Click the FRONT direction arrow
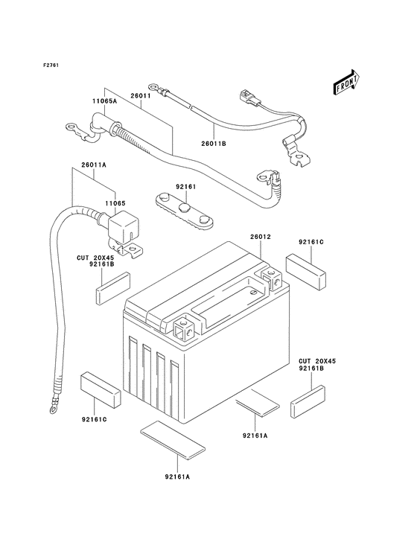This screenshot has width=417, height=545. [346, 83]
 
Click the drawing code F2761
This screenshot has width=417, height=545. [51, 65]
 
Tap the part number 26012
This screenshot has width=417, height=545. [261, 237]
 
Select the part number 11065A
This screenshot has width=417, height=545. [104, 101]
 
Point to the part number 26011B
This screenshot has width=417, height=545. [214, 143]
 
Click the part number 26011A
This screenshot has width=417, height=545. [94, 165]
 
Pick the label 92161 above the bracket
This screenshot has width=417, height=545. [185, 187]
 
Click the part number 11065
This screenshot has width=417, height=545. [115, 203]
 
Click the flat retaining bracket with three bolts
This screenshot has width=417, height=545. [184, 211]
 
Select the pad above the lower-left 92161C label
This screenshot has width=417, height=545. [101, 389]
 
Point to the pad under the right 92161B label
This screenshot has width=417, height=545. [308, 401]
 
